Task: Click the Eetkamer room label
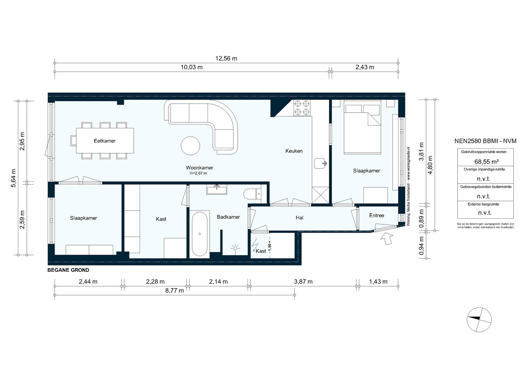click(105, 141)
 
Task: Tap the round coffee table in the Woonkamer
click(190, 146)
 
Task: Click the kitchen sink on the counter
click(320, 164)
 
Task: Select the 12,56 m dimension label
click(226, 58)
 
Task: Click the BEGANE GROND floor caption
click(68, 270)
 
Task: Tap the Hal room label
click(299, 218)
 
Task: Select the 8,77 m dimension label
click(174, 290)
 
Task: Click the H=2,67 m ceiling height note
click(198, 173)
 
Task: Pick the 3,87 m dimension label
click(303, 282)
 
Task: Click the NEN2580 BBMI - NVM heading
click(485, 141)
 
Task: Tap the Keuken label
click(294, 151)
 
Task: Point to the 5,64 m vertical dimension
click(13, 178)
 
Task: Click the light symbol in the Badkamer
click(235, 248)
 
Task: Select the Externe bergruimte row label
click(485, 204)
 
